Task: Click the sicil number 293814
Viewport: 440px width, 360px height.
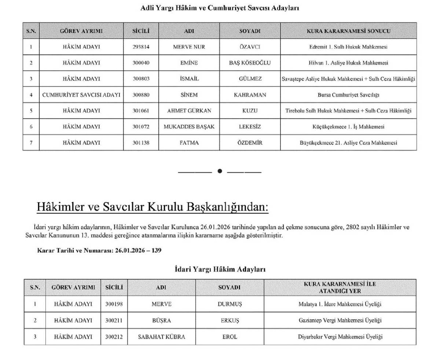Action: (141, 47)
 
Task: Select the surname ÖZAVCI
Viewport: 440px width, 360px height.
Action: (250, 47)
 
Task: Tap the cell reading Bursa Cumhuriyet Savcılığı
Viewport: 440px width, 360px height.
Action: (348, 95)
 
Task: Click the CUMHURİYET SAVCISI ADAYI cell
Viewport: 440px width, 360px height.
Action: (81, 95)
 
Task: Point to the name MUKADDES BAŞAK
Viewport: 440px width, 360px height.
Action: (189, 126)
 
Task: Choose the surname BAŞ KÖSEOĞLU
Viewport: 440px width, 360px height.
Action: (250, 63)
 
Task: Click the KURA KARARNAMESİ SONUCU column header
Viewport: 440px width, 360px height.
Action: (348, 31)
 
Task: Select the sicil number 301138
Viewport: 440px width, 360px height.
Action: (141, 143)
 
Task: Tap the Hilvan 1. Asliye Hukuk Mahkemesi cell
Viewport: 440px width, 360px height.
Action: (348, 63)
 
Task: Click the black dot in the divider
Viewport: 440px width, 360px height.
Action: (220, 171)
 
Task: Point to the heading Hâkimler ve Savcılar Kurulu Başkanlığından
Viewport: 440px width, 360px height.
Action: (153, 207)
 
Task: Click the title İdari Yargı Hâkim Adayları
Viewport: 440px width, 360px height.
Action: (220, 269)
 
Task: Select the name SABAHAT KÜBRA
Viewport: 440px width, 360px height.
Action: (161, 337)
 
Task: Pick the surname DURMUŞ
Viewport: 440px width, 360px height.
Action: (230, 304)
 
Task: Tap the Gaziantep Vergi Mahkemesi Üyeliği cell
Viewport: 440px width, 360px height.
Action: (340, 320)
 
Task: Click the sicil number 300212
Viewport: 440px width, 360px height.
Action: (114, 337)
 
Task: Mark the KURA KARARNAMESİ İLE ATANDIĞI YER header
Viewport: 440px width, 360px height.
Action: (340, 287)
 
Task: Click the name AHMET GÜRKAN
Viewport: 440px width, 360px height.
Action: (189, 111)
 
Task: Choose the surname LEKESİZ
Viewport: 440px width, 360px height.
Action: (250, 126)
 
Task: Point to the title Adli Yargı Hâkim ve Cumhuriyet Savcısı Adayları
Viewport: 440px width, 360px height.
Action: (220, 8)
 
